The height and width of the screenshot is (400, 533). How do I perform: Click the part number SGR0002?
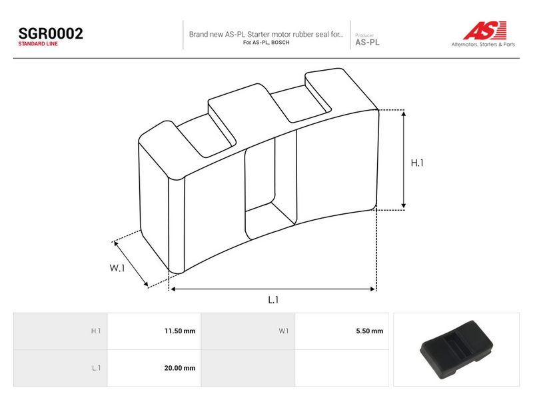(51, 33)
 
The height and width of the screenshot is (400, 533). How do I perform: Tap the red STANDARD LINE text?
(38, 44)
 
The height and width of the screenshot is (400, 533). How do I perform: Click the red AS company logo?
(485, 30)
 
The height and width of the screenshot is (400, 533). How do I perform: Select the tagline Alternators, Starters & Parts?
(483, 44)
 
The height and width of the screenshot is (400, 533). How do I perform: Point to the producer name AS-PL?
(368, 43)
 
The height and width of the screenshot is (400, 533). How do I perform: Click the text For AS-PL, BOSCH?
(266, 43)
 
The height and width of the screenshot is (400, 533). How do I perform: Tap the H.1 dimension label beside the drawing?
(417, 163)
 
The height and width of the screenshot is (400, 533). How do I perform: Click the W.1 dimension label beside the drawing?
(117, 268)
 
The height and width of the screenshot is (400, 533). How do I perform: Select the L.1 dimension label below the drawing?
(273, 299)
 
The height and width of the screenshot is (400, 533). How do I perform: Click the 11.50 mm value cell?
(155, 331)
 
